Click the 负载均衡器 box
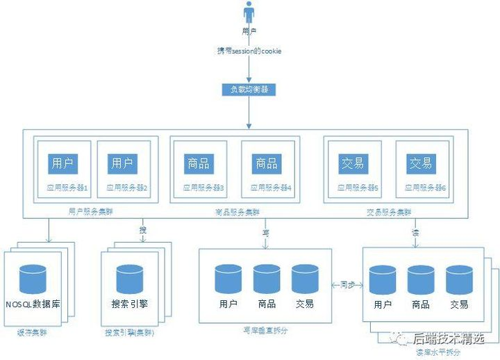pos(249,89)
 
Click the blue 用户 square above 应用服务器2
pos(122,163)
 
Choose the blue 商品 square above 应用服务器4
pos(266,163)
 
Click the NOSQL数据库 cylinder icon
pos(33,279)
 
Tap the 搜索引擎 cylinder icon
pos(130,279)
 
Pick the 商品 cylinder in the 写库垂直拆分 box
pos(267,279)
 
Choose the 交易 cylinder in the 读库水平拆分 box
pos(459,279)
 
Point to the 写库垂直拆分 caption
pos(267,331)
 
